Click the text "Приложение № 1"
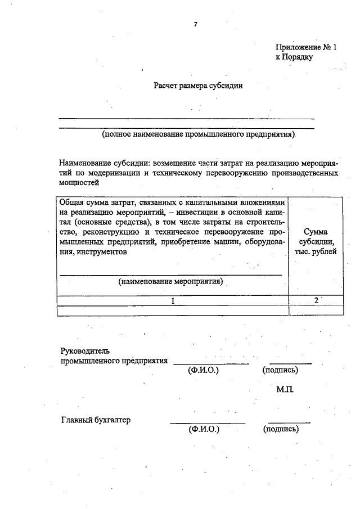tap(306, 48)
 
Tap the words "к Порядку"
tap(294, 57)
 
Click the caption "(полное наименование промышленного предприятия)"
tap(199, 136)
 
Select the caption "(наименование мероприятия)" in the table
tap(171, 281)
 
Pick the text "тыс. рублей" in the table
tap(316, 251)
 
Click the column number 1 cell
tap(173, 300)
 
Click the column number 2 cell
tap(316, 300)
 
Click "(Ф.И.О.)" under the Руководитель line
tap(203, 371)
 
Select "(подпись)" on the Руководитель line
tap(280, 371)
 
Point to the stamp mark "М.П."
tap(285, 389)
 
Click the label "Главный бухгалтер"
tap(95, 420)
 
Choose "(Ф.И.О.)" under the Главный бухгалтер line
tap(203, 430)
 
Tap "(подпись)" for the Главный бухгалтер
tap(280, 430)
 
